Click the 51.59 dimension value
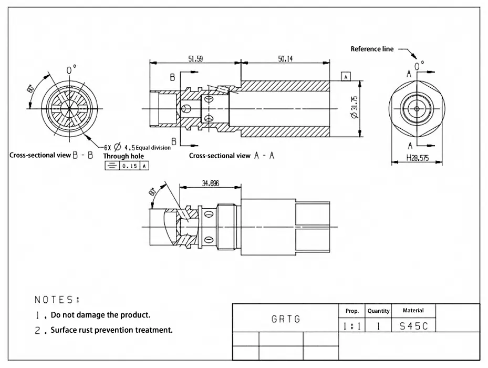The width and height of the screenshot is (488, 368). [x=195, y=59]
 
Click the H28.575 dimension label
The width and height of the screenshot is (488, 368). [x=418, y=158]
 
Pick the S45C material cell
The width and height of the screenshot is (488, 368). [x=413, y=326]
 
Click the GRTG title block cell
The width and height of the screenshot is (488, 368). [x=286, y=319]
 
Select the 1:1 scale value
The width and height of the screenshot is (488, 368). [x=351, y=326]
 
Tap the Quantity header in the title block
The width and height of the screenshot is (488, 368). [x=378, y=311]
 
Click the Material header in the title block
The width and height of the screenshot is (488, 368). [x=413, y=311]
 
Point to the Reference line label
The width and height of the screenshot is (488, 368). [x=372, y=49]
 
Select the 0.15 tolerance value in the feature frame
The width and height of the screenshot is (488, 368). [x=128, y=166]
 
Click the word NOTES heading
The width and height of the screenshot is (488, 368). [x=57, y=300]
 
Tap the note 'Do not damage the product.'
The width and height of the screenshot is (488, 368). [x=100, y=315]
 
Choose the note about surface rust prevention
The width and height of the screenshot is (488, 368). [x=111, y=331]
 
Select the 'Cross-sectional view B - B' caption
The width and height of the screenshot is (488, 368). [x=51, y=156]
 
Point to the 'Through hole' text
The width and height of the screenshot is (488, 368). [x=123, y=156]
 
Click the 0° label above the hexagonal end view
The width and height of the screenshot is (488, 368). [x=419, y=66]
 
